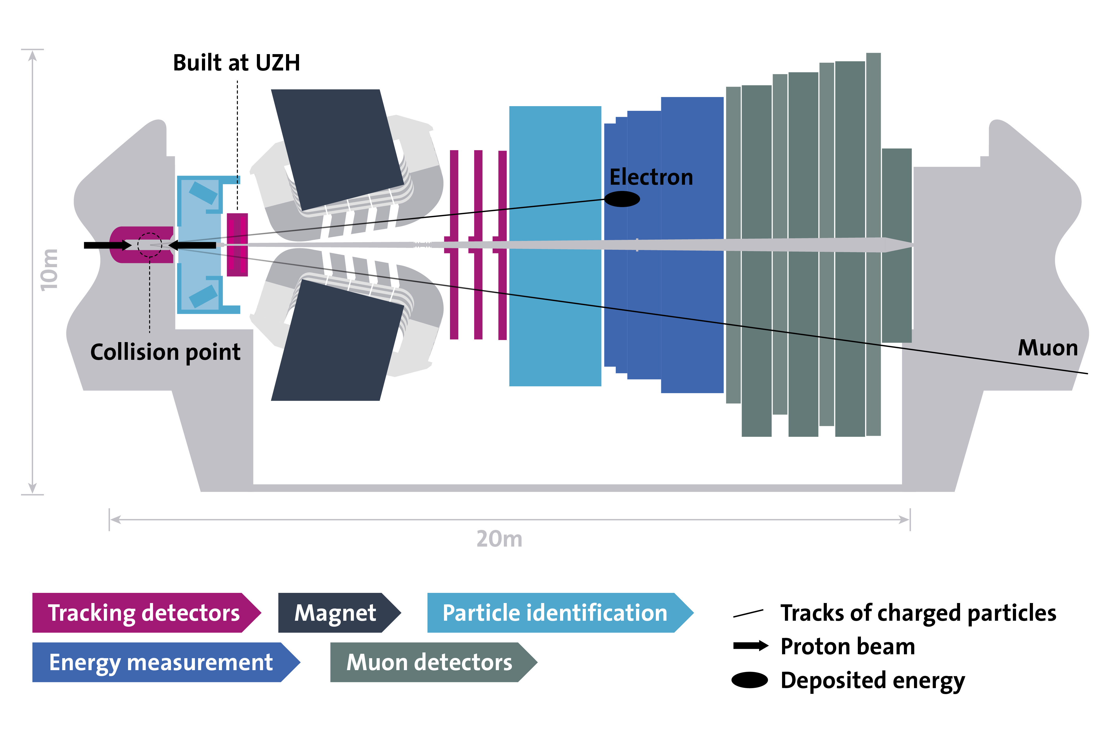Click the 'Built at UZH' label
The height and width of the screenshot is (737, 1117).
(x=237, y=63)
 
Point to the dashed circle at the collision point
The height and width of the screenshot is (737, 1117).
(x=149, y=245)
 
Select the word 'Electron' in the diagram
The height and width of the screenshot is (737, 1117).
(x=651, y=177)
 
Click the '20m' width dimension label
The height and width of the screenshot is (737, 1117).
(x=499, y=539)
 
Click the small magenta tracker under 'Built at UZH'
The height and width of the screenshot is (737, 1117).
(x=237, y=245)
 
